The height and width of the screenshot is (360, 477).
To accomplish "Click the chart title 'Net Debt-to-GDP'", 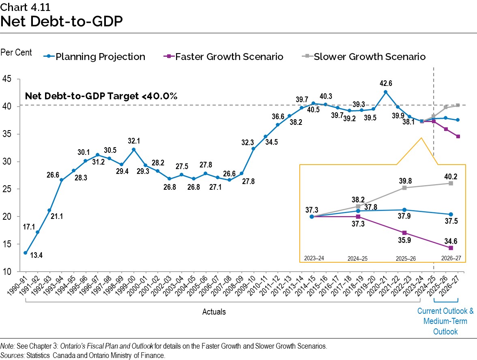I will (62, 21).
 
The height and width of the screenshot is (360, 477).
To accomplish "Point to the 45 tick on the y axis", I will (7, 79).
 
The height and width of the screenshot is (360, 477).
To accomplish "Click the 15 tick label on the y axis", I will (7, 244).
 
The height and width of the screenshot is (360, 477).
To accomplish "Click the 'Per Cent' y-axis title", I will (16, 53).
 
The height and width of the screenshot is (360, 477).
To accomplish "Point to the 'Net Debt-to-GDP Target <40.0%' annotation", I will (101, 96).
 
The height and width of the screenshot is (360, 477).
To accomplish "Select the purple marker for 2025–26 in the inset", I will (404, 233).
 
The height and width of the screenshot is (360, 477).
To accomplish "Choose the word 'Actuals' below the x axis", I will (214, 312).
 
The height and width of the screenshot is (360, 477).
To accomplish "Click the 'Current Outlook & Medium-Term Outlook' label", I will (445, 321).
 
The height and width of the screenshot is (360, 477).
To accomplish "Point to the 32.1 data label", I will (134, 141).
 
